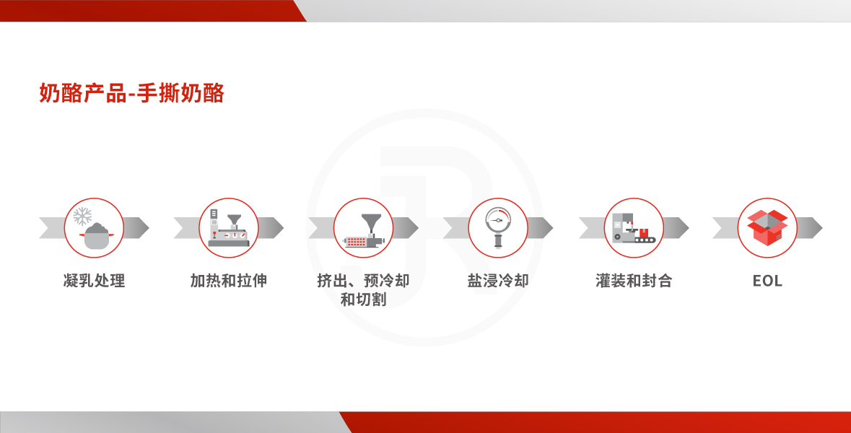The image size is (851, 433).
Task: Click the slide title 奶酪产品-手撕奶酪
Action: (x=132, y=93)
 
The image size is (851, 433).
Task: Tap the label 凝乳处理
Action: (x=94, y=281)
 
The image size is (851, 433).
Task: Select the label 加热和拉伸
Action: (x=229, y=281)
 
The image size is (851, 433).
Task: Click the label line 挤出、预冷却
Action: (x=363, y=281)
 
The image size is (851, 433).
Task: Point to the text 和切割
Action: (x=363, y=299)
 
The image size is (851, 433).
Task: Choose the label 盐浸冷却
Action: (x=498, y=281)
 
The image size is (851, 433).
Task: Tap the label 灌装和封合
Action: (x=633, y=281)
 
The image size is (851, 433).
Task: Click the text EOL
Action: (x=767, y=281)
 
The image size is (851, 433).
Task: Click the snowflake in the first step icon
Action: (x=82, y=216)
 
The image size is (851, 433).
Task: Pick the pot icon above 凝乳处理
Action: (x=96, y=236)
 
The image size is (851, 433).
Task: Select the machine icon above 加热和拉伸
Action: (x=229, y=229)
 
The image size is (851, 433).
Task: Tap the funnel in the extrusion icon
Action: (x=371, y=222)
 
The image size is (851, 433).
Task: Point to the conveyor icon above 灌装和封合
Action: (x=633, y=228)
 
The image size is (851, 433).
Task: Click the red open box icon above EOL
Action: (x=767, y=227)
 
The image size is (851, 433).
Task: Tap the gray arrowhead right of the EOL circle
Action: (x=811, y=228)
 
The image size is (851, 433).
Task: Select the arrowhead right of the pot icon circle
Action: (x=136, y=228)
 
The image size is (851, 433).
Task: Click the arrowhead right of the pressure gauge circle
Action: (x=541, y=228)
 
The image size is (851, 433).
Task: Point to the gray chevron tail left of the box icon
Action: (x=725, y=228)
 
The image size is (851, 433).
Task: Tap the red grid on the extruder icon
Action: (x=356, y=242)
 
